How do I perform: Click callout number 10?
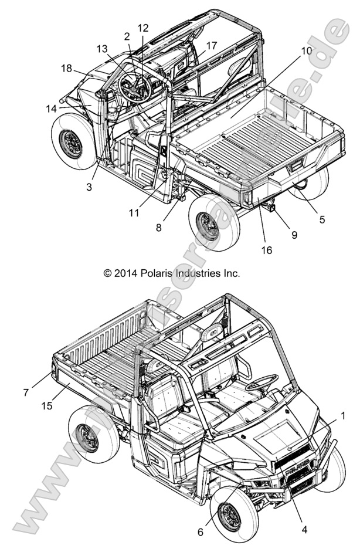pyautogui.click(x=307, y=52)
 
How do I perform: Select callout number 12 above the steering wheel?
pyautogui.click(x=143, y=28)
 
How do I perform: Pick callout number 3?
pyautogui.click(x=89, y=187)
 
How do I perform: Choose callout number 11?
pyautogui.click(x=134, y=213)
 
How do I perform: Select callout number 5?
pyautogui.click(x=321, y=220)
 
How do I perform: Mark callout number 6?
pyautogui.click(x=201, y=532)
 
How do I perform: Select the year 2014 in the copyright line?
pyautogui.click(x=125, y=273)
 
